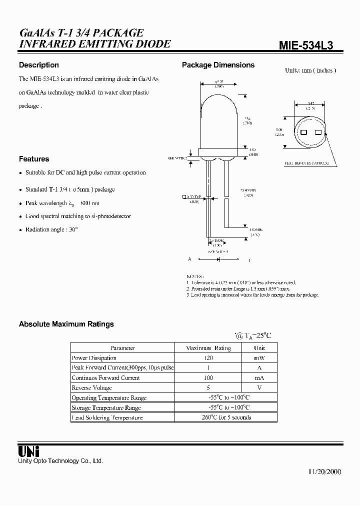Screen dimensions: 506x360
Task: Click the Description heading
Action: coord(38,65)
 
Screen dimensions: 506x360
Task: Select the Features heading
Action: coord(34,159)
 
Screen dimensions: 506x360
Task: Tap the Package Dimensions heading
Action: coord(218,65)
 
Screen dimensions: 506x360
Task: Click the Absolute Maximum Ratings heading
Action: coord(66,324)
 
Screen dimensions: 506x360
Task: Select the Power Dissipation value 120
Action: coord(208,358)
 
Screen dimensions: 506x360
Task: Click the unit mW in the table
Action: coord(259,358)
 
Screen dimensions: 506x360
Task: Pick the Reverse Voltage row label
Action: coord(91,387)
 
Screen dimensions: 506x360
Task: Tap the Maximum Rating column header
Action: coord(208,348)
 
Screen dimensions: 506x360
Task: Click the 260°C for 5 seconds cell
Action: coord(225,417)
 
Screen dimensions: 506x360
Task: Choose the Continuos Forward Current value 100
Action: coord(208,378)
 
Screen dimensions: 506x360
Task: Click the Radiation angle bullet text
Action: coord(52,229)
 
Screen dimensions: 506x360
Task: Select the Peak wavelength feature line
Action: coord(62,203)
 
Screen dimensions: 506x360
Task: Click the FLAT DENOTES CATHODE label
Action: coord(306,163)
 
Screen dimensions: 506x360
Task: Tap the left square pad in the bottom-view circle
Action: coord(303,132)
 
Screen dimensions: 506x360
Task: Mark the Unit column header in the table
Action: coord(259,348)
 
